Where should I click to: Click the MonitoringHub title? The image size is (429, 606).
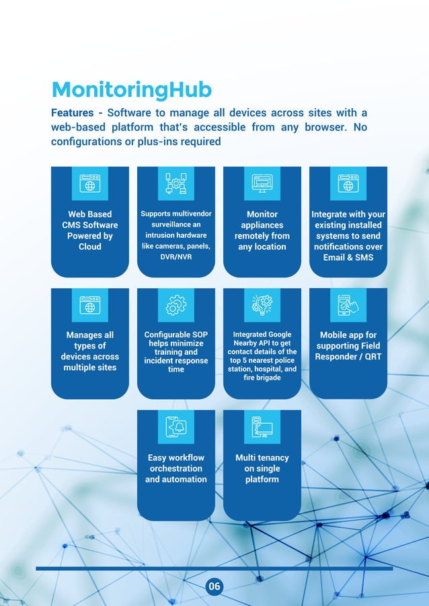132,89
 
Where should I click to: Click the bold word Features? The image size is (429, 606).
72,113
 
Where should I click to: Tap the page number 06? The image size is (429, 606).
214,587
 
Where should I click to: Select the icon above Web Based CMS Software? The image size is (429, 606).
89,183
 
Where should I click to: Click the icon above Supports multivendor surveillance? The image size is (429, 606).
175,183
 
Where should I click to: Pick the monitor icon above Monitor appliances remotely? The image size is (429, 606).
262,183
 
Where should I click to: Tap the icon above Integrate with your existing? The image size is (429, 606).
348,183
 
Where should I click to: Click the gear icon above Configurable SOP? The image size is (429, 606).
175,305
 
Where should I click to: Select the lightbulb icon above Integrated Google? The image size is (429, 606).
262,305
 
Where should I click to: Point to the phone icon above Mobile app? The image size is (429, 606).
348,305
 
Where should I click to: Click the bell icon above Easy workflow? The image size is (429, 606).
175,427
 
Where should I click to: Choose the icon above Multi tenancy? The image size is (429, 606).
262,427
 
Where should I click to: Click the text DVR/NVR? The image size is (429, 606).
175,257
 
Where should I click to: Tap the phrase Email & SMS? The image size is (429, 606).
348,257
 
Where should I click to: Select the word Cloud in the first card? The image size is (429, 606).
89,247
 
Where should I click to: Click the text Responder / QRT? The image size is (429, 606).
348,357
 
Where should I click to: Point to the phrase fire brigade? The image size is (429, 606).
262,378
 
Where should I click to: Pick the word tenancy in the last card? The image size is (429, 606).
272,458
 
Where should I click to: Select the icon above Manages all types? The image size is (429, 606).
89,305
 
